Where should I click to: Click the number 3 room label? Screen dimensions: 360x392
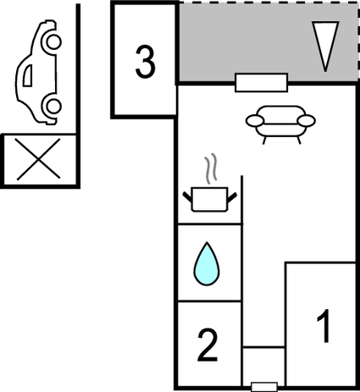tap(146, 62)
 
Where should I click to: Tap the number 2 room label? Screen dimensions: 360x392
tap(208, 345)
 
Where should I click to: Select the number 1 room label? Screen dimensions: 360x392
tap(324, 326)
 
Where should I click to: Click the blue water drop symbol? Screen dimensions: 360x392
tap(207, 264)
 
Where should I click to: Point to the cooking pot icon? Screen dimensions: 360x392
tap(209, 199)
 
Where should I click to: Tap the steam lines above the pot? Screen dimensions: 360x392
tap(212, 168)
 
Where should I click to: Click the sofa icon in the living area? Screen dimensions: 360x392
tap(280, 124)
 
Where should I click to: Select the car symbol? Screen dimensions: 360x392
tap(39, 72)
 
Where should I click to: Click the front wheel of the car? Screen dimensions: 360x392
tap(52, 41)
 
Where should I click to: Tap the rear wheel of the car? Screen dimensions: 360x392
tap(52, 106)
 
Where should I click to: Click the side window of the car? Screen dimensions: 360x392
tap(28, 75)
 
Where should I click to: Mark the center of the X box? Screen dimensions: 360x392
tap(39, 158)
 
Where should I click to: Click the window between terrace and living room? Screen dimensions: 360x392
tap(261, 83)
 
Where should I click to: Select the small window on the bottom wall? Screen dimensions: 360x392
tap(264, 386)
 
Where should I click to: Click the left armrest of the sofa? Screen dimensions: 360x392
tap(255, 121)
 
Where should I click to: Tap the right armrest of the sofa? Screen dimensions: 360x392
tap(306, 121)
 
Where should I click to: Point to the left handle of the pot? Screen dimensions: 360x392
tap(187, 197)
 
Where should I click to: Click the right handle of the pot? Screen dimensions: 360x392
tap(232, 197)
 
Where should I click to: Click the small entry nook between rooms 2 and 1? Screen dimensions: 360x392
tap(263, 367)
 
